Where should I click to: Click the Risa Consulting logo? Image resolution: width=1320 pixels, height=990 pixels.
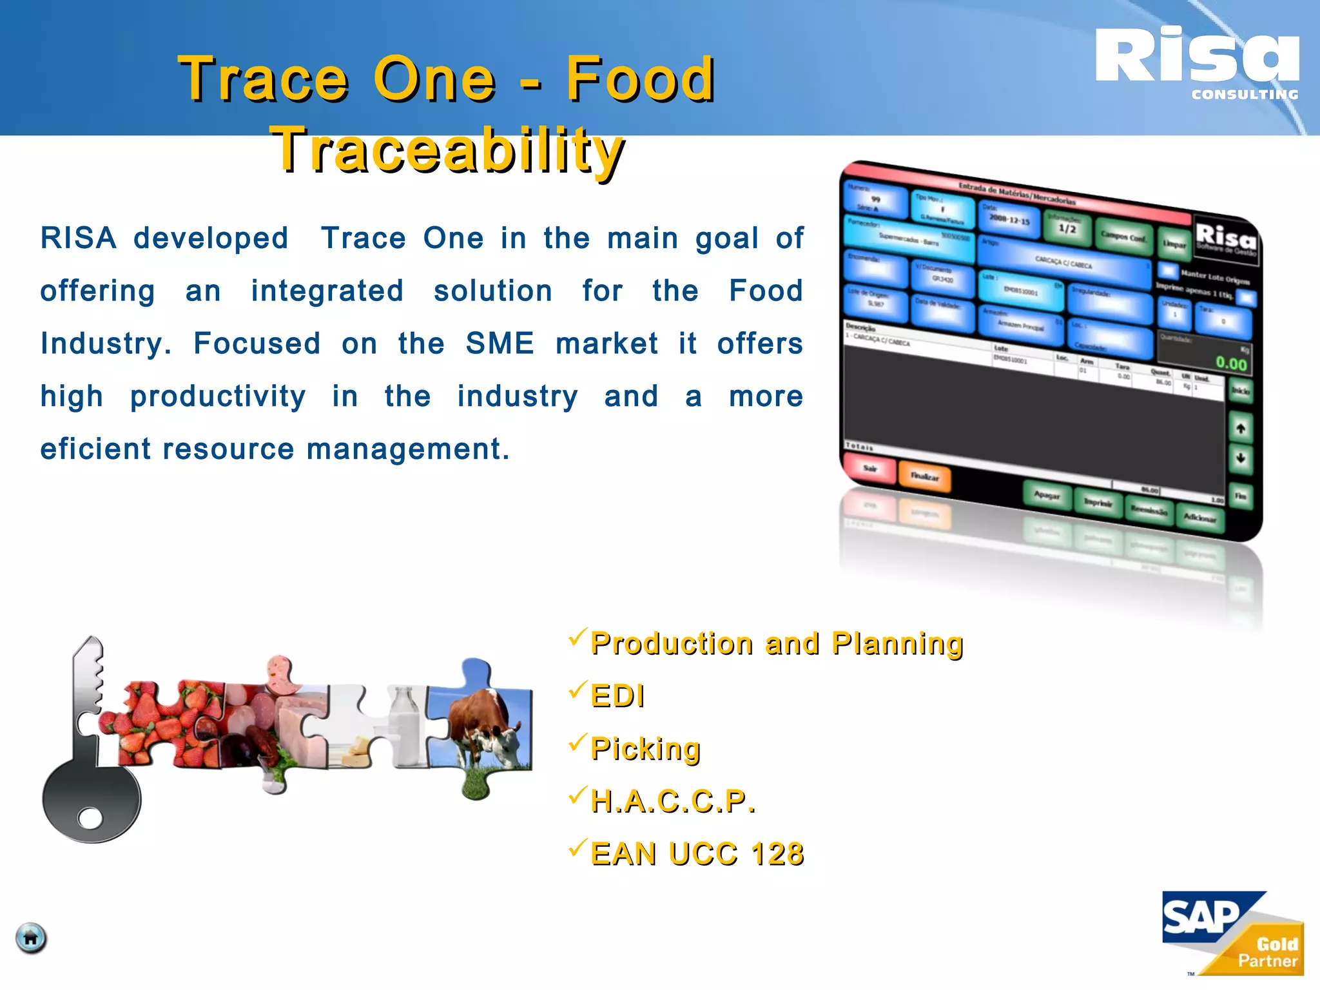coord(1198,63)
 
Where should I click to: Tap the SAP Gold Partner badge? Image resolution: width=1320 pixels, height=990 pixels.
coord(1232,933)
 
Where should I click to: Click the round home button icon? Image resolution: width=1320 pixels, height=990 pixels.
coord(31,938)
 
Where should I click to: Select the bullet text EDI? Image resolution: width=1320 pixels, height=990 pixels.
coord(617,696)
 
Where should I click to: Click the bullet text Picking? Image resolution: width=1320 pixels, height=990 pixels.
coord(645,749)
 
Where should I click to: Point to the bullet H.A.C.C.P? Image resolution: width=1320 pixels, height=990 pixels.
coord(672,802)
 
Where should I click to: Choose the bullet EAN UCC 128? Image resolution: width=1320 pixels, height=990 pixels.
coord(697,854)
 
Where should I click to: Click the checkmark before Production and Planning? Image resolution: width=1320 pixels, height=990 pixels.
coord(577,638)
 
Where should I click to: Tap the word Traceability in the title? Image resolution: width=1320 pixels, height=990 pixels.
coord(448,150)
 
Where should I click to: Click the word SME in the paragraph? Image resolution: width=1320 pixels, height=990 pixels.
coord(500,344)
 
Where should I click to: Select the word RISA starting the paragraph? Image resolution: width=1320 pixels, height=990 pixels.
coord(78,238)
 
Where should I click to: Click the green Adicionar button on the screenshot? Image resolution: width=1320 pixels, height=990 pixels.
coord(1199,518)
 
